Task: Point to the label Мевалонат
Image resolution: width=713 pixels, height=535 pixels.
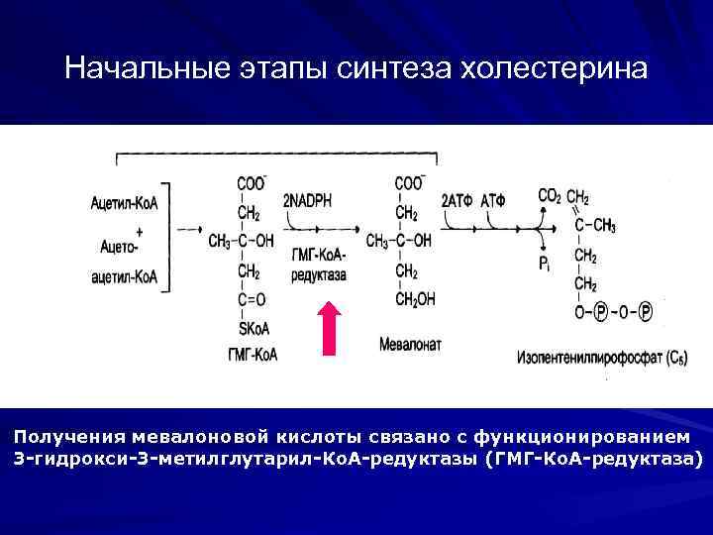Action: (x=411, y=345)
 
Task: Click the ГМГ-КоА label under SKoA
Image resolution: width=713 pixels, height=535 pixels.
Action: (x=253, y=353)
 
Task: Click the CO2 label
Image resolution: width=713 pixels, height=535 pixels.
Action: (x=550, y=196)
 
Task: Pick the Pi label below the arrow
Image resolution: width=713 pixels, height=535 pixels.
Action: (x=545, y=265)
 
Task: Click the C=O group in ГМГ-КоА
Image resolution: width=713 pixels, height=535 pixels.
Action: (x=252, y=299)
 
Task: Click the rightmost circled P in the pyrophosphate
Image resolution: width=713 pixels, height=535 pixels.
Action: (x=645, y=313)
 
